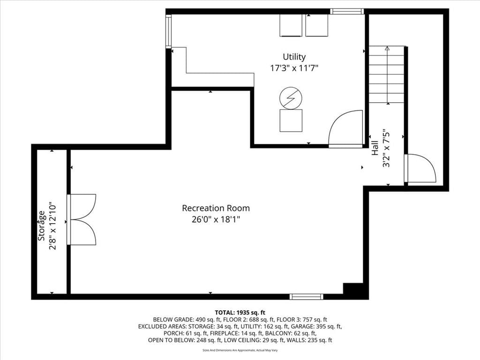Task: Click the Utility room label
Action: pyautogui.click(x=294, y=57)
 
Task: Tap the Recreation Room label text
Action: pyautogui.click(x=216, y=208)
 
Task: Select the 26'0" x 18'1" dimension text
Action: pyautogui.click(x=216, y=219)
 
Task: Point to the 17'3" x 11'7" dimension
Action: pyautogui.click(x=294, y=68)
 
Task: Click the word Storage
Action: pyautogui.click(x=41, y=225)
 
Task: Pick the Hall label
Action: pyautogui.click(x=375, y=148)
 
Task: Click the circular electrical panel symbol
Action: pyautogui.click(x=291, y=98)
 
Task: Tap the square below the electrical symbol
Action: pyautogui.click(x=291, y=120)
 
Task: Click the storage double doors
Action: pyautogui.click(x=82, y=219)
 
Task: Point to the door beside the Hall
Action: pyautogui.click(x=420, y=169)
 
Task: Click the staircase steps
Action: pyautogui.click(x=387, y=75)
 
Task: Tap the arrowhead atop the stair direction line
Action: pyautogui.click(x=388, y=48)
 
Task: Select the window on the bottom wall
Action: pyautogui.click(x=307, y=296)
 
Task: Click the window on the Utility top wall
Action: pyautogui.click(x=347, y=11)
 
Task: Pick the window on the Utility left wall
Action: pyautogui.click(x=169, y=31)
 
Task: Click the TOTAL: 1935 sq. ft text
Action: pyautogui.click(x=240, y=313)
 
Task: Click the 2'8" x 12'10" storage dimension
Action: pyautogui.click(x=52, y=225)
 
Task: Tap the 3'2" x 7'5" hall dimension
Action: pyautogui.click(x=386, y=148)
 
